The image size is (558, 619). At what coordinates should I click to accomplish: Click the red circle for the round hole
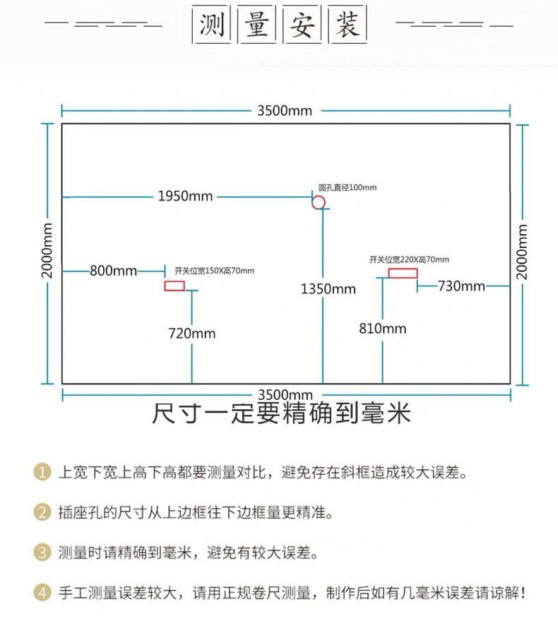[x=319, y=202]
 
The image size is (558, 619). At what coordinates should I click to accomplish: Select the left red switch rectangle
[x=174, y=285]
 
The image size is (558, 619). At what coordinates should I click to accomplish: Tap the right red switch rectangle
[x=403, y=273]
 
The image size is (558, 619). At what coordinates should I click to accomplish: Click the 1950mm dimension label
[x=185, y=196]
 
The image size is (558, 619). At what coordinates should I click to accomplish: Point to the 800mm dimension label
[x=113, y=271]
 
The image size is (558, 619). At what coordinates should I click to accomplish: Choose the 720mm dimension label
[x=191, y=333]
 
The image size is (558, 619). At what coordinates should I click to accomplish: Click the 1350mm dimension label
[x=328, y=288]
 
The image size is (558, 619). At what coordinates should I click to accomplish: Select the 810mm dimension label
[x=383, y=328]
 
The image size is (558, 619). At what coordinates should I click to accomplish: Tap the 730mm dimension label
[x=461, y=285]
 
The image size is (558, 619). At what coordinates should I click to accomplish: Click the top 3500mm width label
[x=285, y=110]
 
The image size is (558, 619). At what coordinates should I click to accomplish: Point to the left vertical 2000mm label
[x=47, y=251]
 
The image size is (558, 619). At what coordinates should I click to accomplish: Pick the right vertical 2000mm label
[x=523, y=251]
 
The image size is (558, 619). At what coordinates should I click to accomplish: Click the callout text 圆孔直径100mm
[x=348, y=187]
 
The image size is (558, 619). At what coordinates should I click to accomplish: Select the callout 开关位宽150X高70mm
[x=214, y=271]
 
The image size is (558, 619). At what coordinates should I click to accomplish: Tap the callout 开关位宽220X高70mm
[x=409, y=259]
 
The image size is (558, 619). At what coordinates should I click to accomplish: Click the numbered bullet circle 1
[x=43, y=471]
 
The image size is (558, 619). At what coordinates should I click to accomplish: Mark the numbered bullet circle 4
[x=43, y=592]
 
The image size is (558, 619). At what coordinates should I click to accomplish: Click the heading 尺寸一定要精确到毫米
[x=281, y=413]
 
